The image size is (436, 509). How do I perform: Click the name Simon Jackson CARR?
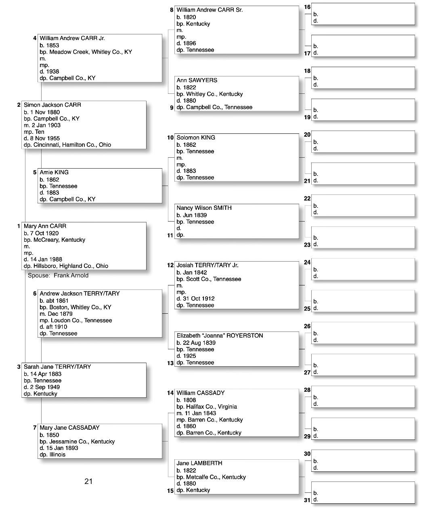click(52, 105)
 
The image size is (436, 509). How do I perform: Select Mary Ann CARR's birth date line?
click(41, 233)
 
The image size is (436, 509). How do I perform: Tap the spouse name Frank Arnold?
click(71, 275)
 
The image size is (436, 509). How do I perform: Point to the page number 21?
click(88, 481)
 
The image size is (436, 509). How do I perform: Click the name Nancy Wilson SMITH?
click(204, 208)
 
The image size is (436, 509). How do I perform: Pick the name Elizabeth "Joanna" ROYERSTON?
click(220, 336)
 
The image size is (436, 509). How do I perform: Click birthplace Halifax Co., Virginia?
click(212, 407)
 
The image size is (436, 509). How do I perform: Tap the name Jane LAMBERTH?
click(199, 463)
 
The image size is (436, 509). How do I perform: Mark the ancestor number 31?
click(307, 500)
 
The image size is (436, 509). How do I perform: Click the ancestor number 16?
click(307, 7)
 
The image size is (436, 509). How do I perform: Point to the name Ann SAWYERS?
click(197, 80)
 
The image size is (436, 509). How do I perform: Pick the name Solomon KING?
click(196, 137)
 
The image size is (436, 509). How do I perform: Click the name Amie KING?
click(54, 172)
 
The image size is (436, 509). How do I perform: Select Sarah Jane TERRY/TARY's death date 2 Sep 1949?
click(42, 387)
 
